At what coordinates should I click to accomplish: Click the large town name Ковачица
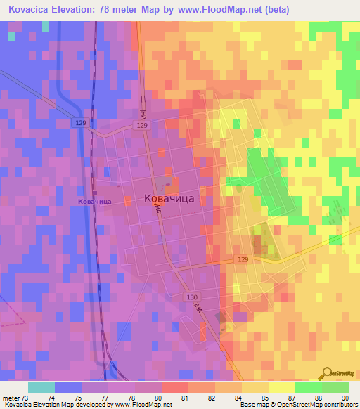174,199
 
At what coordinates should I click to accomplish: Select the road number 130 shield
192,297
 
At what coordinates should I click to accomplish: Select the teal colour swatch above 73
41,387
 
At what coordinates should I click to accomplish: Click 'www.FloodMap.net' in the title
214,9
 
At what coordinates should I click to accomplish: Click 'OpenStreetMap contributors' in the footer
321,405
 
